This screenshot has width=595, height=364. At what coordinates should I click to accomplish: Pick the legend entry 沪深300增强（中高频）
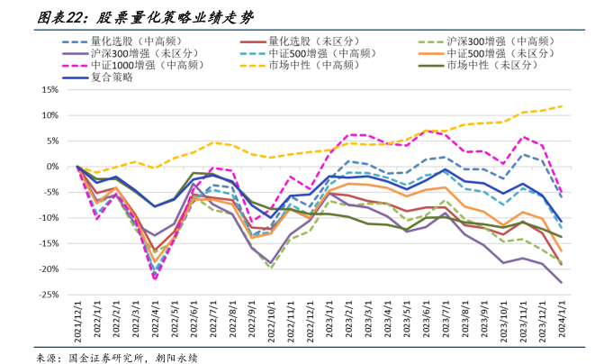[x=500, y=41]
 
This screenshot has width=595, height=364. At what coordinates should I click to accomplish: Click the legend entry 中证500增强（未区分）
[x=500, y=53]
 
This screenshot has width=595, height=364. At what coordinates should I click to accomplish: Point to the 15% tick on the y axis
[x=51, y=90]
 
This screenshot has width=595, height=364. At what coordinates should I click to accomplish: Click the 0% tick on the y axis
[x=54, y=167]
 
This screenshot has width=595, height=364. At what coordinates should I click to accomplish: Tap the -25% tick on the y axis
[x=50, y=295]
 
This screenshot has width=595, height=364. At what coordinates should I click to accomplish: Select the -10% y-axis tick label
[x=50, y=218]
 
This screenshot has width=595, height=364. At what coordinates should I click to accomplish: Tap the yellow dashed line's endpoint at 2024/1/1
[x=561, y=106]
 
